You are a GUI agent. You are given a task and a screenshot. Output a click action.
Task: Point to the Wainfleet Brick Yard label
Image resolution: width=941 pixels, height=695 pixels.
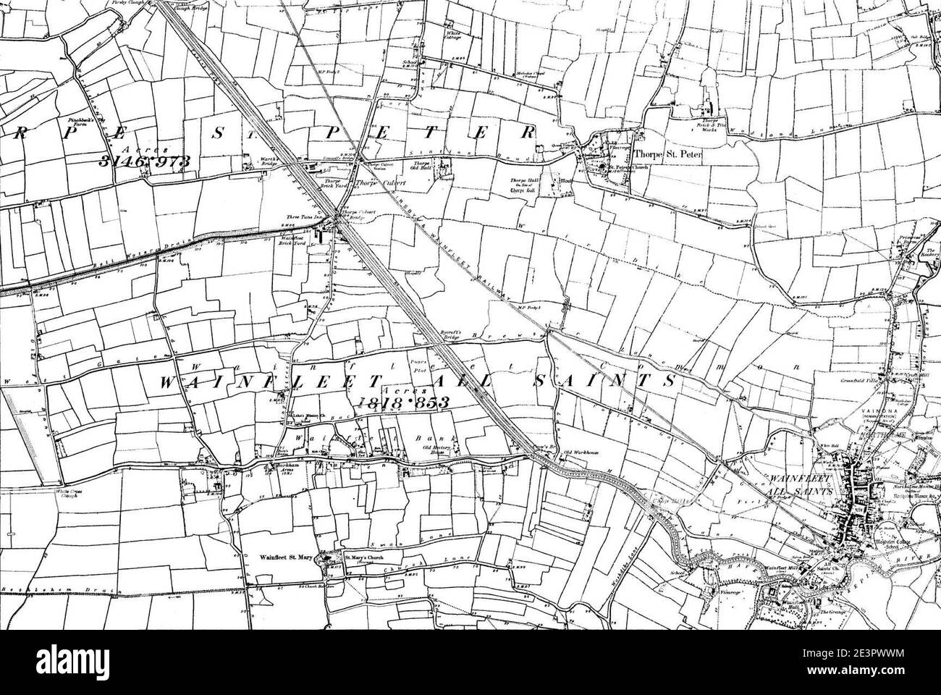pos(292,241)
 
